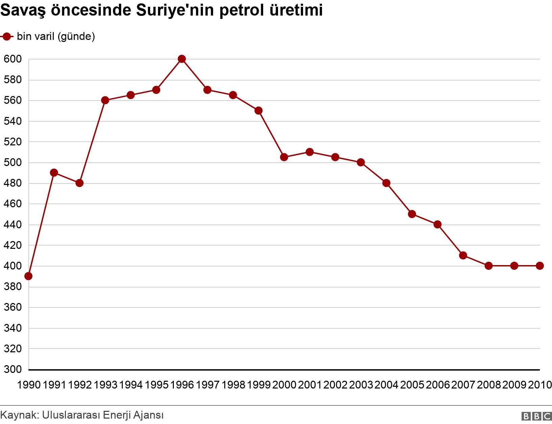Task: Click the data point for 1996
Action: [182, 59]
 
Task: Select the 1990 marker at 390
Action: [28, 276]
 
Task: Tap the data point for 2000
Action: [284, 157]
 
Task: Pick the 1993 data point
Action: [105, 100]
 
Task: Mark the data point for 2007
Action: [463, 255]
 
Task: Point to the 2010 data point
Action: [540, 266]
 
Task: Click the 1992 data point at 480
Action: [79, 183]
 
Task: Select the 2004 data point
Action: [386, 183]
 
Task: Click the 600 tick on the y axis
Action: [13, 59]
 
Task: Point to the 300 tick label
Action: [13, 370]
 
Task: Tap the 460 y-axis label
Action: [13, 204]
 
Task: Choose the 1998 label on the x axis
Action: [233, 385]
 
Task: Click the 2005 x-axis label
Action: [412, 385]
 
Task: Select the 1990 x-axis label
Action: [28, 385]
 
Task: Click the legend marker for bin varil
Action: [7, 37]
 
